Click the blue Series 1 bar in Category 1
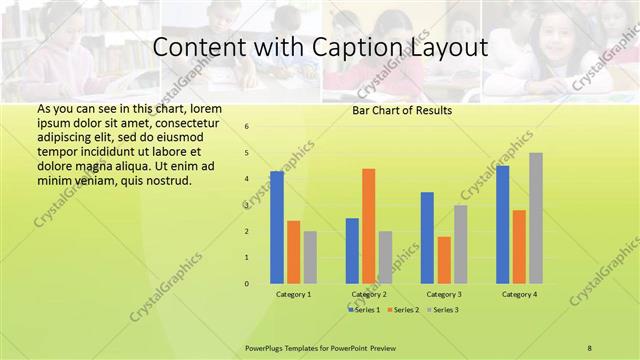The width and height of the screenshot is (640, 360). click(x=277, y=227)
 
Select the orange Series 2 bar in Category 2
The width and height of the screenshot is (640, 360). click(x=368, y=226)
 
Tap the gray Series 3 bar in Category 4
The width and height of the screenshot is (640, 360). click(x=536, y=218)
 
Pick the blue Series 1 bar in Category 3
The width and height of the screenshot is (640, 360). click(x=427, y=237)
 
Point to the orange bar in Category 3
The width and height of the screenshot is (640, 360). click(x=444, y=260)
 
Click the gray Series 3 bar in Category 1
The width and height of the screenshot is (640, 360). click(x=310, y=257)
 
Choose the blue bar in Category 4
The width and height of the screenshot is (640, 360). click(x=503, y=224)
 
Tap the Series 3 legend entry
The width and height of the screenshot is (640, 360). click(x=443, y=310)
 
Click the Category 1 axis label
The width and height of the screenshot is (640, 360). click(x=293, y=295)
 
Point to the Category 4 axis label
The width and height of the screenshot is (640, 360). click(x=519, y=295)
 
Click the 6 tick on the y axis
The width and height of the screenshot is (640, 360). click(x=247, y=127)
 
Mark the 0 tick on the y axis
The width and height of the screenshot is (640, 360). click(x=247, y=283)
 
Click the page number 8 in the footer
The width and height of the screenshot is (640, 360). click(x=590, y=347)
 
